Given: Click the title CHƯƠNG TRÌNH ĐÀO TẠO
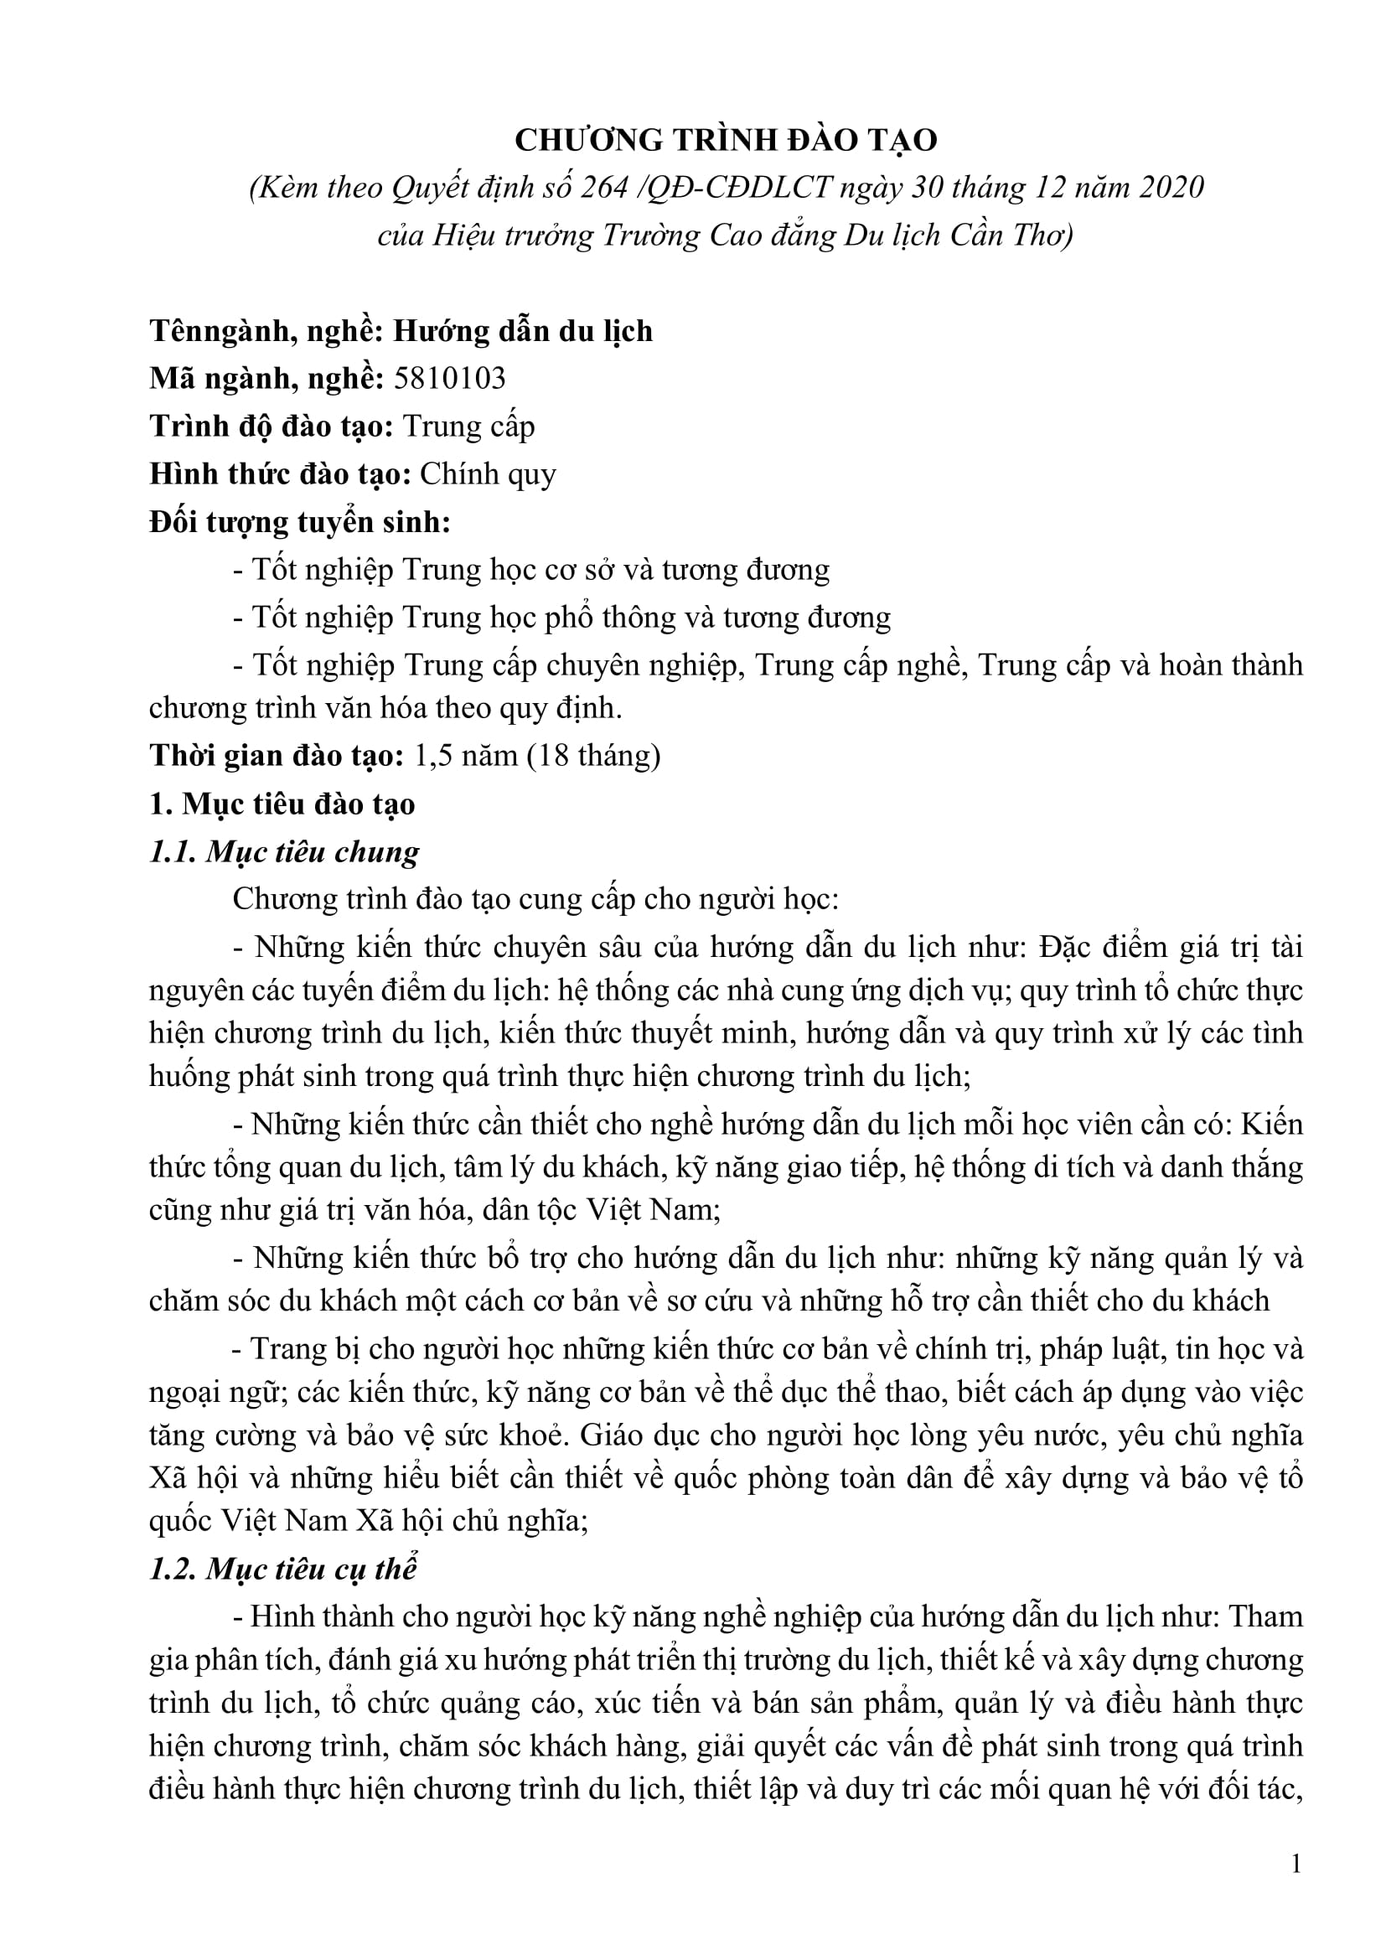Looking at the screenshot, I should coord(726,140).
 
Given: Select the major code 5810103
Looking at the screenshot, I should coord(450,378).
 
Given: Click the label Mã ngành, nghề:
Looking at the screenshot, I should coord(266,378).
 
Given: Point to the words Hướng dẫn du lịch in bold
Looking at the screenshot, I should coord(522,330).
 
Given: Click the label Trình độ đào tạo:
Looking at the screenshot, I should coord(271,426).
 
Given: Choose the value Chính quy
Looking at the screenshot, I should coord(488,473).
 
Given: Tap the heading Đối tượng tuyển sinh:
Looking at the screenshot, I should coord(299,521).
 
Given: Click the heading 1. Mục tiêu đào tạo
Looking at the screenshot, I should coord(282,804).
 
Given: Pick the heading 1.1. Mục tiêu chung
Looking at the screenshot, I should coord(284,852).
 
